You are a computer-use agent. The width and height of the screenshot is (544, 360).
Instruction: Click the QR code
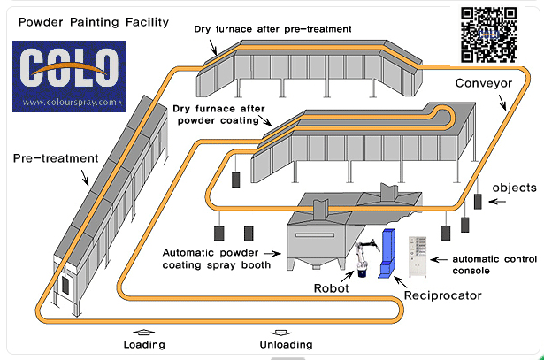tap(489, 34)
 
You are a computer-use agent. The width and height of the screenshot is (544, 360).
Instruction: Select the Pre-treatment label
tap(54, 158)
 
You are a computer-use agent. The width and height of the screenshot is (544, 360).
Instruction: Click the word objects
tap(514, 188)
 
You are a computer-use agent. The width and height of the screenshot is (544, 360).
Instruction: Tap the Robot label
tap(333, 288)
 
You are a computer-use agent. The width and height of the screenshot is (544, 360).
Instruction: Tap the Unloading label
tap(287, 344)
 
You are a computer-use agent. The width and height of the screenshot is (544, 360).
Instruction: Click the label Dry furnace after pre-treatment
tap(272, 28)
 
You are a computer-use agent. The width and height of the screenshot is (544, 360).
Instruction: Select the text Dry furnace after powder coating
tap(213, 115)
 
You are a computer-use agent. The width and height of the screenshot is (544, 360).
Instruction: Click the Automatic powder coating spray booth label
tap(220, 257)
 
